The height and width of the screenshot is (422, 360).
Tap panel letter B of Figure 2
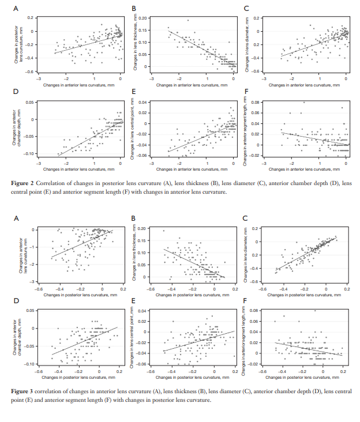[x=134, y=9]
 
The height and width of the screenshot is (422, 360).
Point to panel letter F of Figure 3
[x=247, y=302]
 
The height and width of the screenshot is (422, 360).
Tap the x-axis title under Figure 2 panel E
[x=192, y=169]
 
